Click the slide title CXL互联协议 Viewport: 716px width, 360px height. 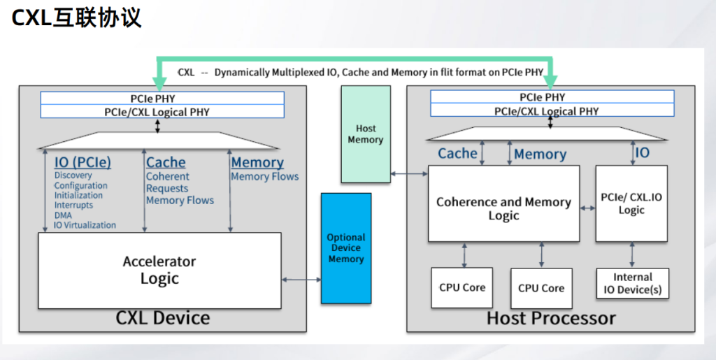(x=77, y=17)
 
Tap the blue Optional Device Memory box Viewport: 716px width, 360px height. (x=346, y=248)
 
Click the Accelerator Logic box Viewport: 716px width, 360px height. (x=159, y=270)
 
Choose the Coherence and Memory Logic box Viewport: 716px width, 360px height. (x=503, y=208)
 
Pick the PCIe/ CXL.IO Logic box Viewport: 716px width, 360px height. (x=631, y=203)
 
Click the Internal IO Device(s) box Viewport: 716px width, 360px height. (x=632, y=283)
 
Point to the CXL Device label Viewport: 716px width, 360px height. (x=162, y=319)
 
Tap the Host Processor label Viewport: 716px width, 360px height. (x=551, y=319)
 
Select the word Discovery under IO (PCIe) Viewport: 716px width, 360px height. (x=73, y=175)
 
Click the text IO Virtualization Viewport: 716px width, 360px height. (x=85, y=225)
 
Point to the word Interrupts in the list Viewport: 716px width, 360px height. (x=73, y=206)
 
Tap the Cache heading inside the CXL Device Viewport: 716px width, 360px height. (x=166, y=163)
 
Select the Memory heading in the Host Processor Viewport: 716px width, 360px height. (x=540, y=154)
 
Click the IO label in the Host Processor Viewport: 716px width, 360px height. (x=642, y=152)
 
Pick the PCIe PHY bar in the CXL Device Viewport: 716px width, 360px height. (x=162, y=99)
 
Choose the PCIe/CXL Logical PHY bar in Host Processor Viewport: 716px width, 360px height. (x=552, y=110)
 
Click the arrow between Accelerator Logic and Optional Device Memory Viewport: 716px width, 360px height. (x=301, y=280)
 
